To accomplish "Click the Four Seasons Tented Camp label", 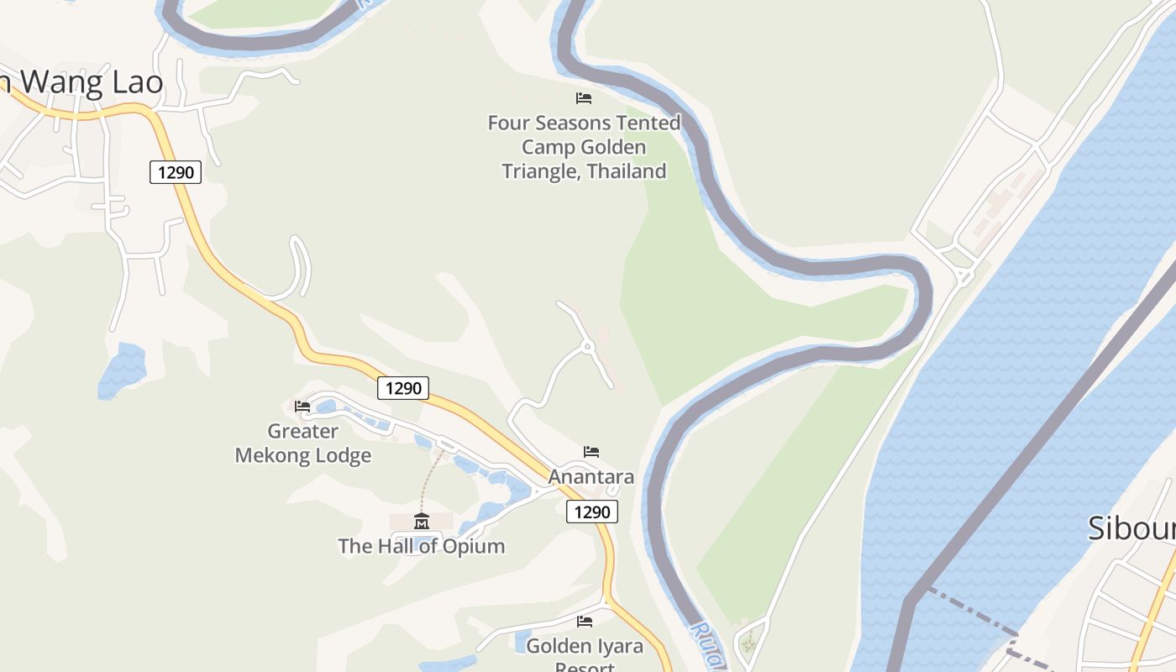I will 584,147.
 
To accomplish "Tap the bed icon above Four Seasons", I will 584,98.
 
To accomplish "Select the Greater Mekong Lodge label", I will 302,444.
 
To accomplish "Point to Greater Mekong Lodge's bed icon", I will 302,407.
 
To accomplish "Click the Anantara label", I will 591,477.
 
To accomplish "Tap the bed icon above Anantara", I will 591,452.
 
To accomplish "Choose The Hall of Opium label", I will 421,546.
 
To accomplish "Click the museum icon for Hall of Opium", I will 421,522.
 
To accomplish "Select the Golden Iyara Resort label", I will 585,651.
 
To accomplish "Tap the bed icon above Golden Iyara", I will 585,622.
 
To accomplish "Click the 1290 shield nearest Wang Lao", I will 176,173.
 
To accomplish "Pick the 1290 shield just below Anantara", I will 592,512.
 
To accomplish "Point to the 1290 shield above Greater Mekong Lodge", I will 403,388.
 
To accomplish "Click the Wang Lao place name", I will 84,82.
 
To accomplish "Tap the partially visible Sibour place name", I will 1131,528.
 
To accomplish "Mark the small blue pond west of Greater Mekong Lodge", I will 123,370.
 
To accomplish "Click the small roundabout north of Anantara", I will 588,346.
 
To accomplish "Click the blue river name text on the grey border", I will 706,645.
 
